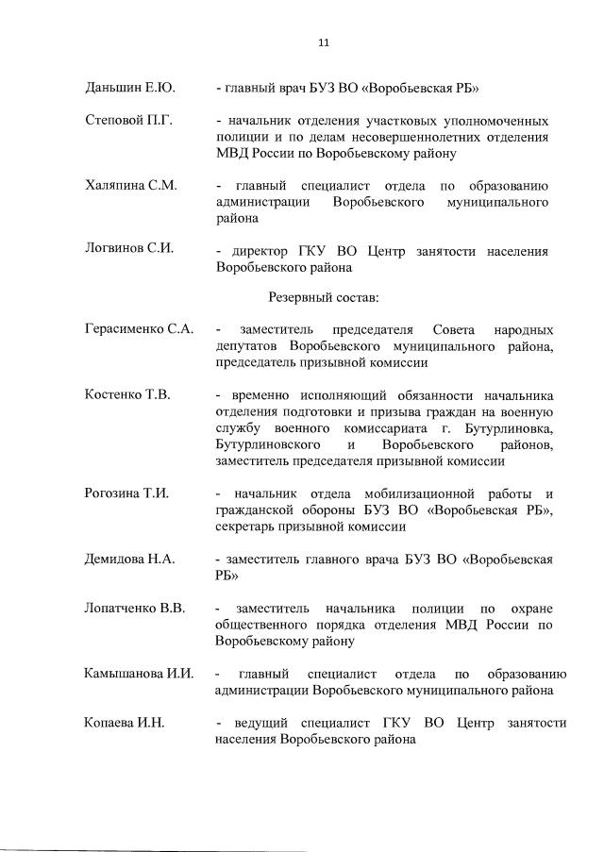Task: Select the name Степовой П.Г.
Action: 125,122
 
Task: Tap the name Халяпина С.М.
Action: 130,186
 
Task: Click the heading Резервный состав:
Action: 323,297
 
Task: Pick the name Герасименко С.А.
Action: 139,329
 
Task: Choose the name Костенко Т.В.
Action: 127,394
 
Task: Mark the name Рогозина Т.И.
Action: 126,493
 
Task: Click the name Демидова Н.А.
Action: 129,559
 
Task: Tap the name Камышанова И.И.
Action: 138,673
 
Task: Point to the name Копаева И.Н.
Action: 124,723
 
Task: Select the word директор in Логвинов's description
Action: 260,251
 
